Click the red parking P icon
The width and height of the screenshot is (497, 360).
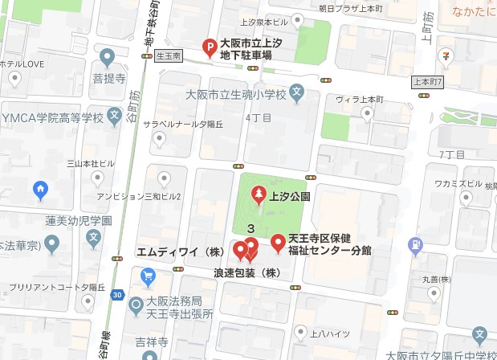[x=207, y=48]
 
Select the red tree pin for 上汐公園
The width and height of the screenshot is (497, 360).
[x=259, y=194]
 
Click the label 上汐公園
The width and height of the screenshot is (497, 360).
[x=289, y=195]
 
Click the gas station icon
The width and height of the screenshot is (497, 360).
[x=414, y=243]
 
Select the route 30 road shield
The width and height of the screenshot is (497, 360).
[x=118, y=295]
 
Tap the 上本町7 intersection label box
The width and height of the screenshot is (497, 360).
[x=428, y=82]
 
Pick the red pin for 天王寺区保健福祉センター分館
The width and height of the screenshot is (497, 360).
[x=277, y=241]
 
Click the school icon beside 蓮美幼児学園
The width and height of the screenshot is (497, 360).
[x=95, y=237]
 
